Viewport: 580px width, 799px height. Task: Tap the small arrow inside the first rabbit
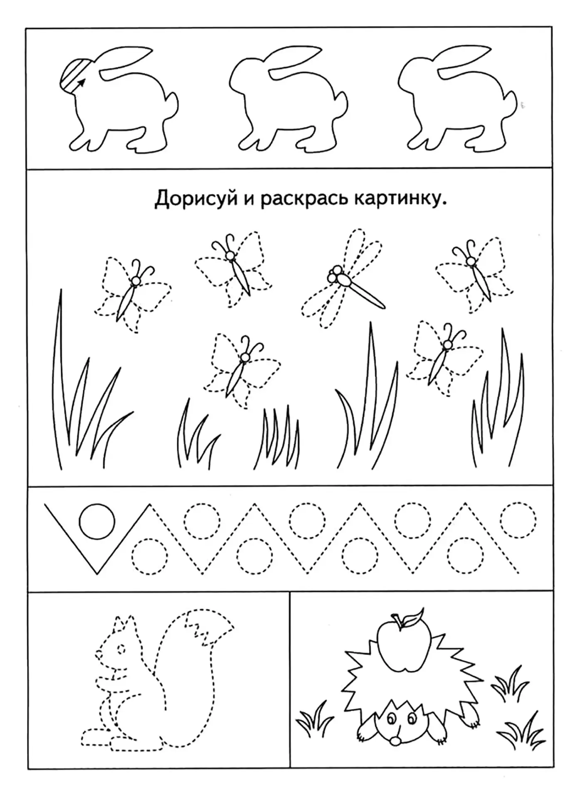click(80, 83)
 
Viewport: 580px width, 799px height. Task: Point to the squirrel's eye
click(121, 660)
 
